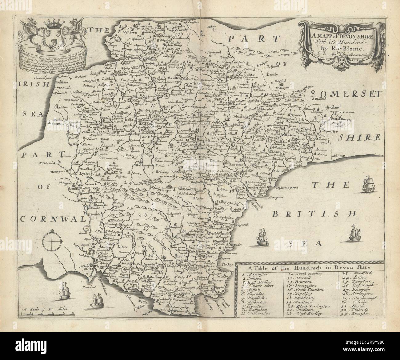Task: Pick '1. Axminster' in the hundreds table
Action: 253,274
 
